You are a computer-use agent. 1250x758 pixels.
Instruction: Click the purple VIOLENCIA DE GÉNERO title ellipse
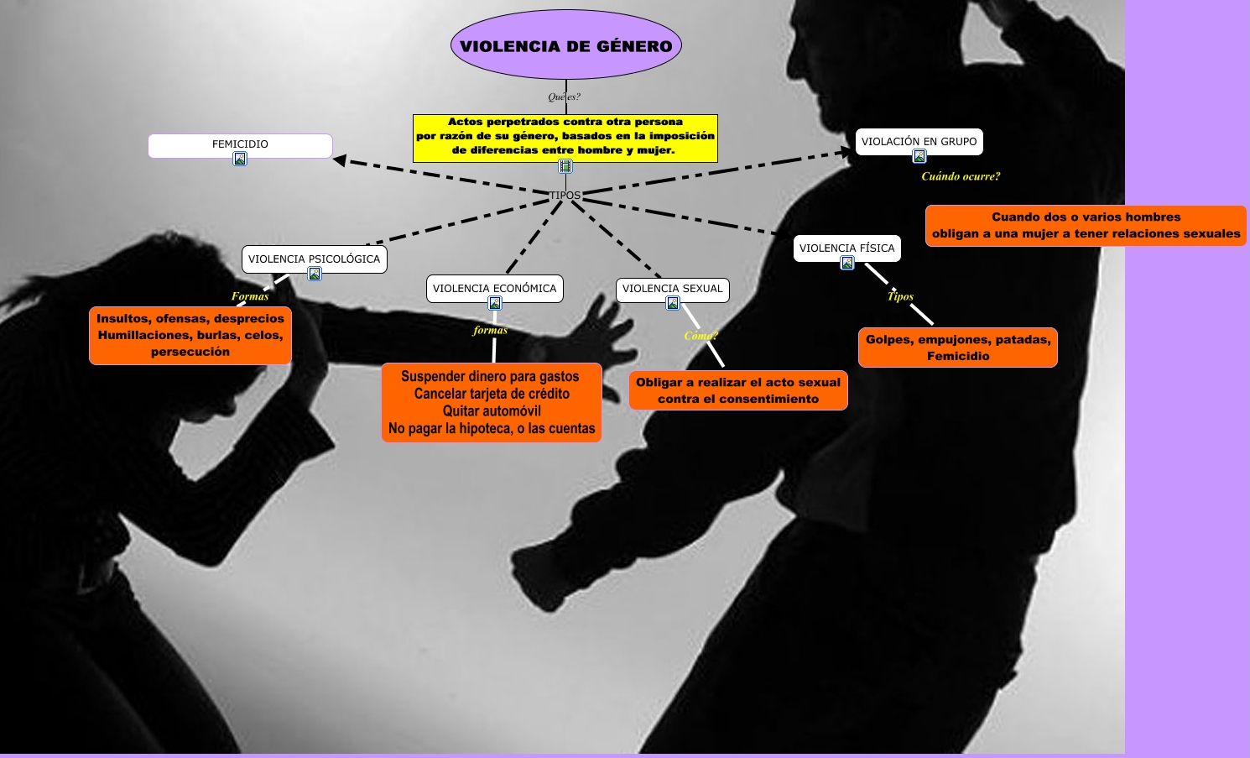click(566, 45)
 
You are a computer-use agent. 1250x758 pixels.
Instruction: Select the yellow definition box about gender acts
click(565, 136)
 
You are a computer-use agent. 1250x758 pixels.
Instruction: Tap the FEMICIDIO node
click(240, 144)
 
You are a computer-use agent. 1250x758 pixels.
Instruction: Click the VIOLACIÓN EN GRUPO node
click(919, 141)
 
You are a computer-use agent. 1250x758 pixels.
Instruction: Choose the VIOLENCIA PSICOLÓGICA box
click(314, 259)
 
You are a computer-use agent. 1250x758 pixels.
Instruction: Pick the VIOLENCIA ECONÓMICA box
click(494, 288)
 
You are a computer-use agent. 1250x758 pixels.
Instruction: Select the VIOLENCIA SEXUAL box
click(672, 288)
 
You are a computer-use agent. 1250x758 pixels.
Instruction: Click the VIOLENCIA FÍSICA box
click(846, 248)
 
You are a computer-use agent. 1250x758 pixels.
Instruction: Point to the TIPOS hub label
click(565, 195)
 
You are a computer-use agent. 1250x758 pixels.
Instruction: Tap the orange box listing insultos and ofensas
click(190, 335)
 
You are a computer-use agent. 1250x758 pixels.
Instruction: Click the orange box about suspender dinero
click(492, 402)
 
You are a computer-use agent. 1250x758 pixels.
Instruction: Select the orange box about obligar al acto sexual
click(738, 390)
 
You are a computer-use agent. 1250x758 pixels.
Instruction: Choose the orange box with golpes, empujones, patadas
click(958, 348)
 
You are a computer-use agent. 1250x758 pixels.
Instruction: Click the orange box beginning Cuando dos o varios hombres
click(1086, 225)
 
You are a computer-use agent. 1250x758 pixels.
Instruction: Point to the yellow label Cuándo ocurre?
click(961, 176)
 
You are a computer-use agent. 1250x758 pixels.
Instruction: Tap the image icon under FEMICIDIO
click(240, 159)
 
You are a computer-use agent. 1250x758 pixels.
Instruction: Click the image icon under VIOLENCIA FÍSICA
click(847, 263)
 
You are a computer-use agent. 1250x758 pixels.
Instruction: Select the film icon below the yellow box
click(565, 166)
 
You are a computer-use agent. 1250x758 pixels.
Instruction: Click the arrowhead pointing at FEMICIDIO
click(340, 159)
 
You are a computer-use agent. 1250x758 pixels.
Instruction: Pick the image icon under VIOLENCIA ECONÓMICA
click(495, 303)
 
